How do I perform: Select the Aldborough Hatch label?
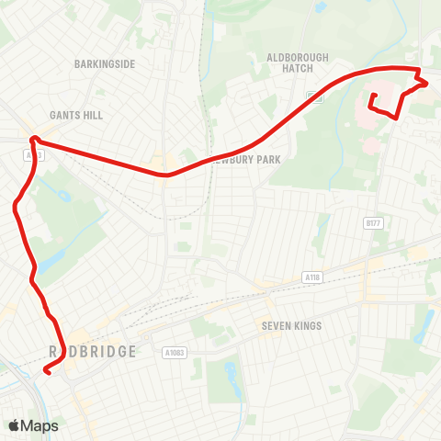[x=297, y=62]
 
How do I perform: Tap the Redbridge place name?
[x=92, y=352]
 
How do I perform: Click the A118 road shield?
[x=313, y=277]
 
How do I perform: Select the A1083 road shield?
[x=175, y=352]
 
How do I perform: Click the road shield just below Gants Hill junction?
[x=35, y=156]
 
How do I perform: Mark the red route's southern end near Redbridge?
[x=45, y=372]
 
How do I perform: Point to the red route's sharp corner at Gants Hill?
[x=32, y=139]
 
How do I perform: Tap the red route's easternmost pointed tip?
[x=427, y=83]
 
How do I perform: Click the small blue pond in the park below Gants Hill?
[x=64, y=196]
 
